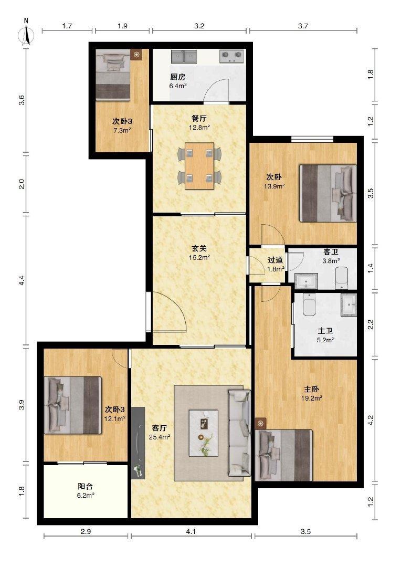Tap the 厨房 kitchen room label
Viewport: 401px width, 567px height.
pos(177,77)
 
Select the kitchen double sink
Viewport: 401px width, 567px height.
pos(184,56)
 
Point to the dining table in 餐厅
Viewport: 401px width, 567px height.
pos(199,166)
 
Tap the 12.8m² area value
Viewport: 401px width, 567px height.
pos(199,127)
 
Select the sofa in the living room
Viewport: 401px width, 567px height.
pos(239,433)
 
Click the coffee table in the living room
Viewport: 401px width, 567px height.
pos(204,433)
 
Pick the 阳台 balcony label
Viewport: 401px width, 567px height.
pos(86,486)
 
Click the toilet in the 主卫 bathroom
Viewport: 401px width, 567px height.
pos(310,305)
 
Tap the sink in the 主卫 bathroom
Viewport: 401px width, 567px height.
pos(349,305)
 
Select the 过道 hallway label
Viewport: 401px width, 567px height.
pos(276,260)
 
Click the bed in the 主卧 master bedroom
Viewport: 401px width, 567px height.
pos(284,455)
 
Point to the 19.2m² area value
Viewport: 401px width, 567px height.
pos(312,398)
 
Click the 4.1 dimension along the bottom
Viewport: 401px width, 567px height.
pos(191,531)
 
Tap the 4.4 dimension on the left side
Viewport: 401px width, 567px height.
pos(22,280)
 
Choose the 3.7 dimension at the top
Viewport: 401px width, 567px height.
pos(303,26)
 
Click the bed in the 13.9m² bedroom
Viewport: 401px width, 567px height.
pos(328,193)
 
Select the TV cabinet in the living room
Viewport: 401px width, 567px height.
pos(138,443)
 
